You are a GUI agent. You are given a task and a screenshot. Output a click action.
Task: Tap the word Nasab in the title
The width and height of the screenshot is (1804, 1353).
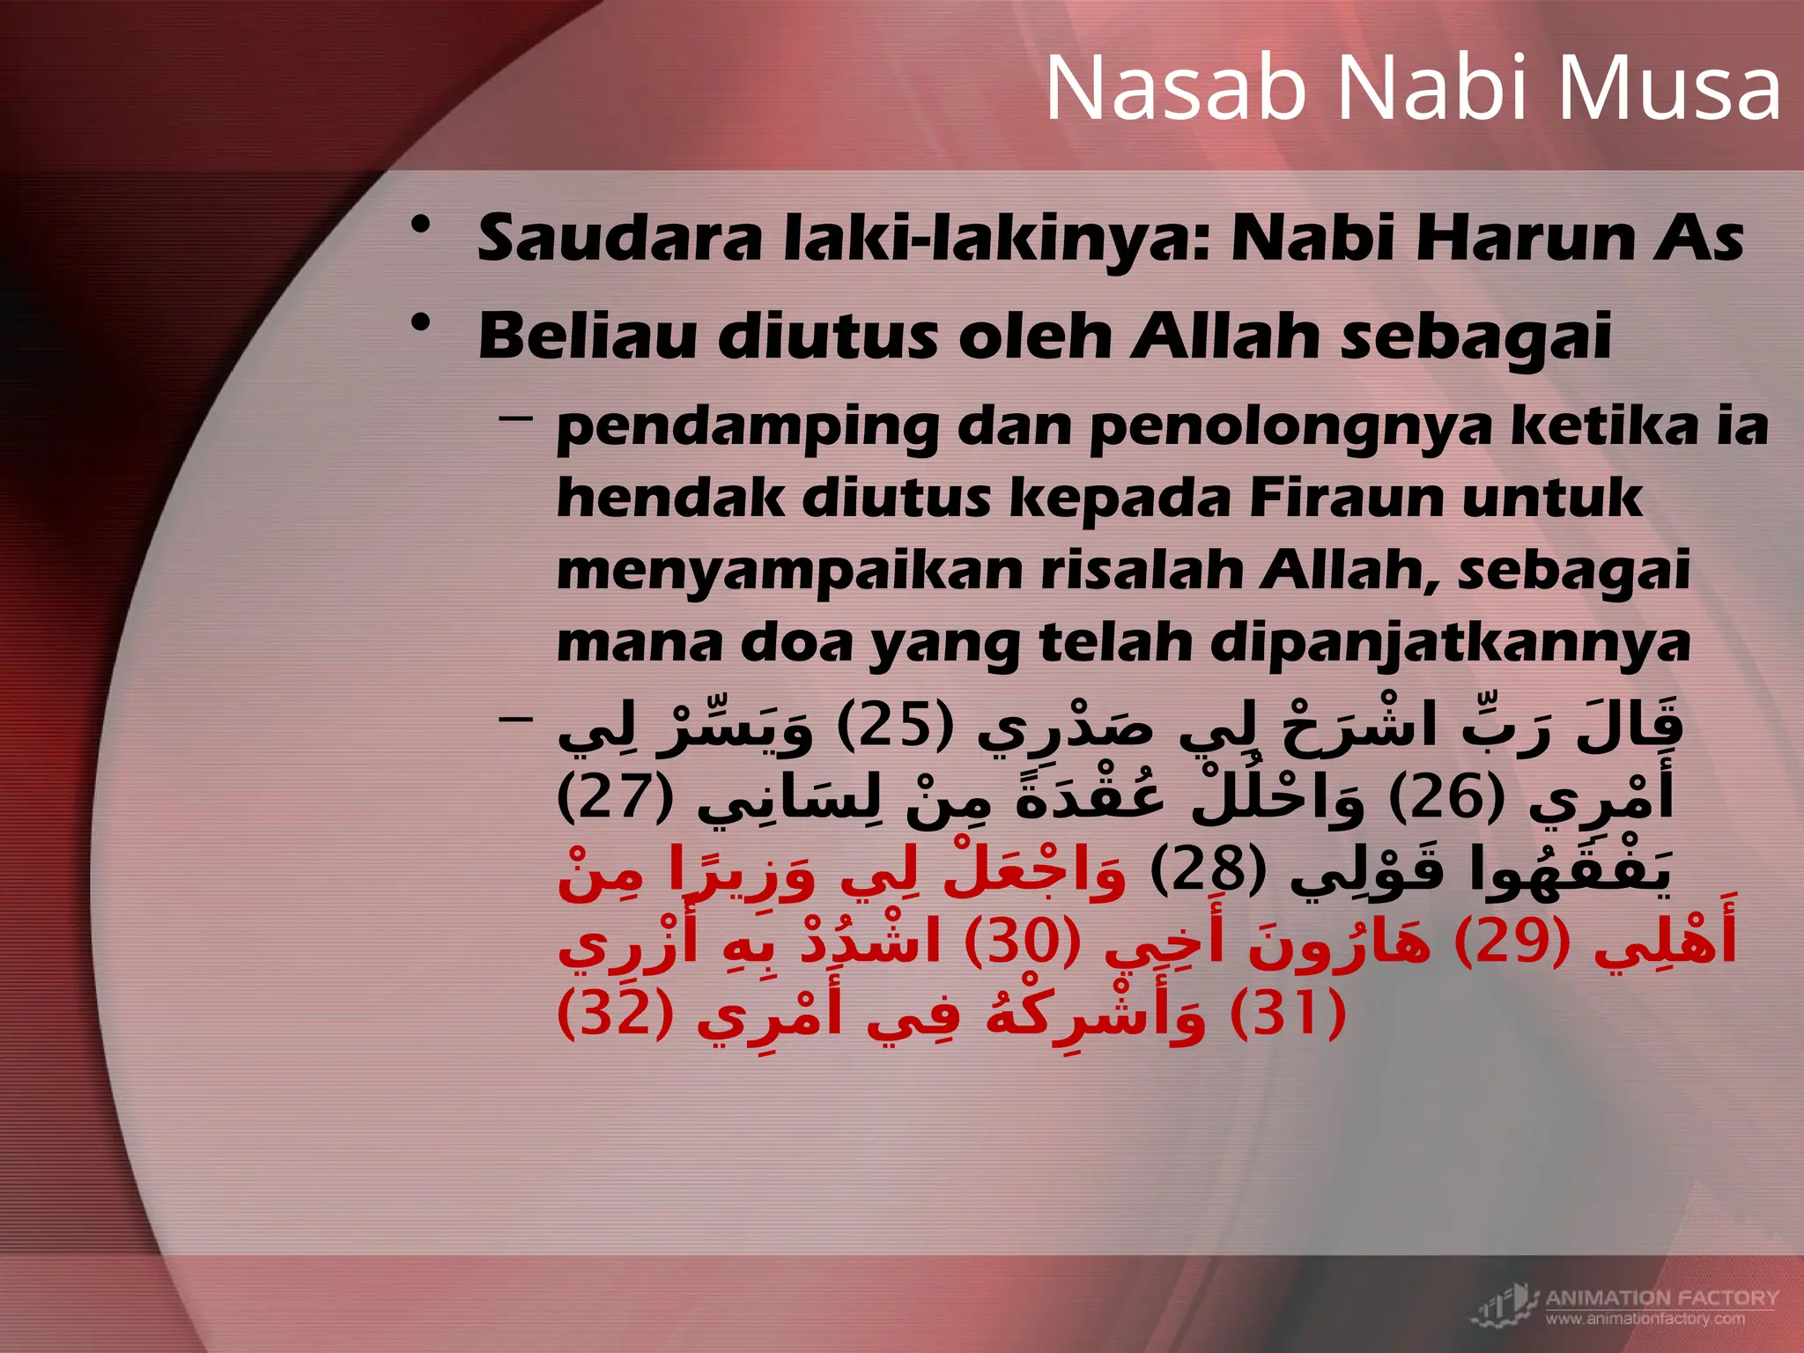click(x=1176, y=88)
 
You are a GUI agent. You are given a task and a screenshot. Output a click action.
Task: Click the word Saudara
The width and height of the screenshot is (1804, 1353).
click(x=619, y=239)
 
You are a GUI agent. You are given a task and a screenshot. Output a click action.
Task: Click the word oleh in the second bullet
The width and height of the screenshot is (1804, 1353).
click(x=1035, y=337)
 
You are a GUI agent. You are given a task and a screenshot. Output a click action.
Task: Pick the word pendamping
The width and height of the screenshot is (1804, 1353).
click(x=748, y=429)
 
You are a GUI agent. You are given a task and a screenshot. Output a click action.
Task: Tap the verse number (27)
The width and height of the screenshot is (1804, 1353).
click(x=616, y=797)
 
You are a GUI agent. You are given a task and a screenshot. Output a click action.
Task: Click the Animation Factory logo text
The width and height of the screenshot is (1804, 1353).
click(x=1661, y=1298)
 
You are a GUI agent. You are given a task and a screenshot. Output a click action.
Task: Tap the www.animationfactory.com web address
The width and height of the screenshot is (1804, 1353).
click(x=1645, y=1319)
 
